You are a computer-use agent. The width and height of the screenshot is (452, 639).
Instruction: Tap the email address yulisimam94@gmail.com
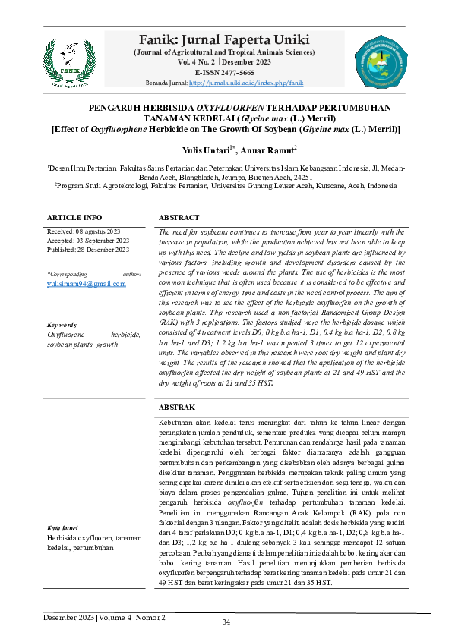[87, 283]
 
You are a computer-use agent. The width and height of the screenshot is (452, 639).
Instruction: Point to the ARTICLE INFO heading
[74, 217]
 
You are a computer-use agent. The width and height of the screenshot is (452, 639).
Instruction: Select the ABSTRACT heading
[179, 217]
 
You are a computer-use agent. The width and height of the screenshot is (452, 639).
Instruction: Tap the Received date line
[84, 231]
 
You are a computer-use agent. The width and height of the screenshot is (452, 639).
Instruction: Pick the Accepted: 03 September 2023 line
[88, 240]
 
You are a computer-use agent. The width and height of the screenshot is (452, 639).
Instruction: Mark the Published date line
[88, 250]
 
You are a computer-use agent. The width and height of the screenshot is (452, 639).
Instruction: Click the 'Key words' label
[62, 323]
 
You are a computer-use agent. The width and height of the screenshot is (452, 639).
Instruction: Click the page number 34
[226, 623]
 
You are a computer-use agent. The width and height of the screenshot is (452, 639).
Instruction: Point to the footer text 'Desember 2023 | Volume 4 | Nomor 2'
[105, 617]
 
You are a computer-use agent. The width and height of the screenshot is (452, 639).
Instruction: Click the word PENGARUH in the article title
[121, 109]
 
